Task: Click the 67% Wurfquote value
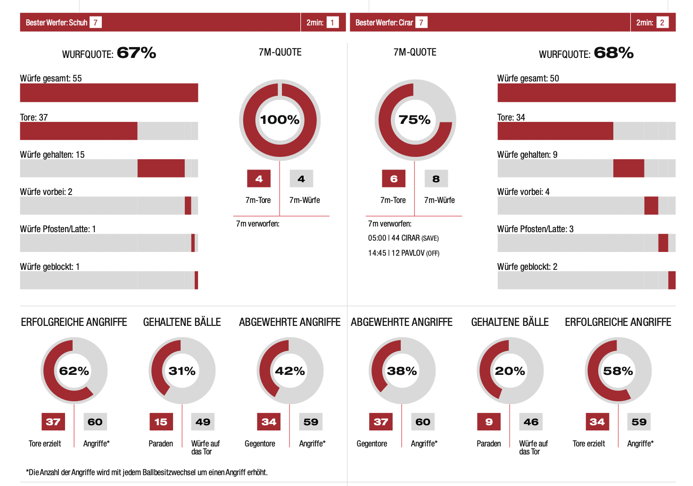click(x=136, y=53)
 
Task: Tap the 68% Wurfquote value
click(x=613, y=53)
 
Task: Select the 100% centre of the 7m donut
click(x=280, y=120)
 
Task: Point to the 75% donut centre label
click(x=414, y=120)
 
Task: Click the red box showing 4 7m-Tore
click(x=259, y=179)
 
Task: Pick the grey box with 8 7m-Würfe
click(x=436, y=179)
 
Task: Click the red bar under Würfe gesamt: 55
click(x=109, y=93)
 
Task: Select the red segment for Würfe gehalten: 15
click(x=161, y=168)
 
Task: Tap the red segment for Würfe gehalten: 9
click(x=628, y=168)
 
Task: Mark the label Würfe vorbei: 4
click(x=523, y=192)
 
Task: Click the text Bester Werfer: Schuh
click(x=57, y=23)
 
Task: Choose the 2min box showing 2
click(x=662, y=23)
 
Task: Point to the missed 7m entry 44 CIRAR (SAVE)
click(x=404, y=238)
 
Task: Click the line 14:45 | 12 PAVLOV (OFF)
click(x=404, y=253)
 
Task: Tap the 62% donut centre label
click(x=74, y=371)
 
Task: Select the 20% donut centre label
click(x=510, y=371)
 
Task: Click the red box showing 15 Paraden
click(x=161, y=422)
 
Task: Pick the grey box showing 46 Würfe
click(x=531, y=422)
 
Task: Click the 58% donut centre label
click(x=618, y=371)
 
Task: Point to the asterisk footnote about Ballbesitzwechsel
click(x=147, y=472)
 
